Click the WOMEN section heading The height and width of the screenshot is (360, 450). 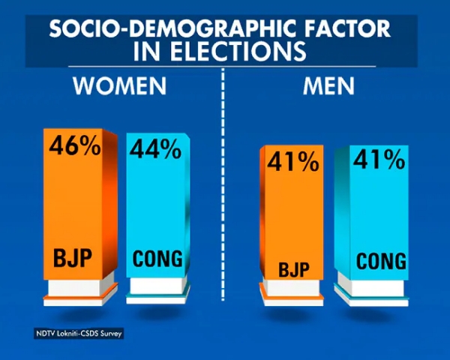pyautogui.click(x=119, y=87)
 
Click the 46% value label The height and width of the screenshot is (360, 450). pyautogui.click(x=75, y=146)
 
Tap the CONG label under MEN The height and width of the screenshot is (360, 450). pyautogui.click(x=381, y=262)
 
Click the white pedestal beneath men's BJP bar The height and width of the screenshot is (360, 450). pyautogui.click(x=291, y=289)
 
